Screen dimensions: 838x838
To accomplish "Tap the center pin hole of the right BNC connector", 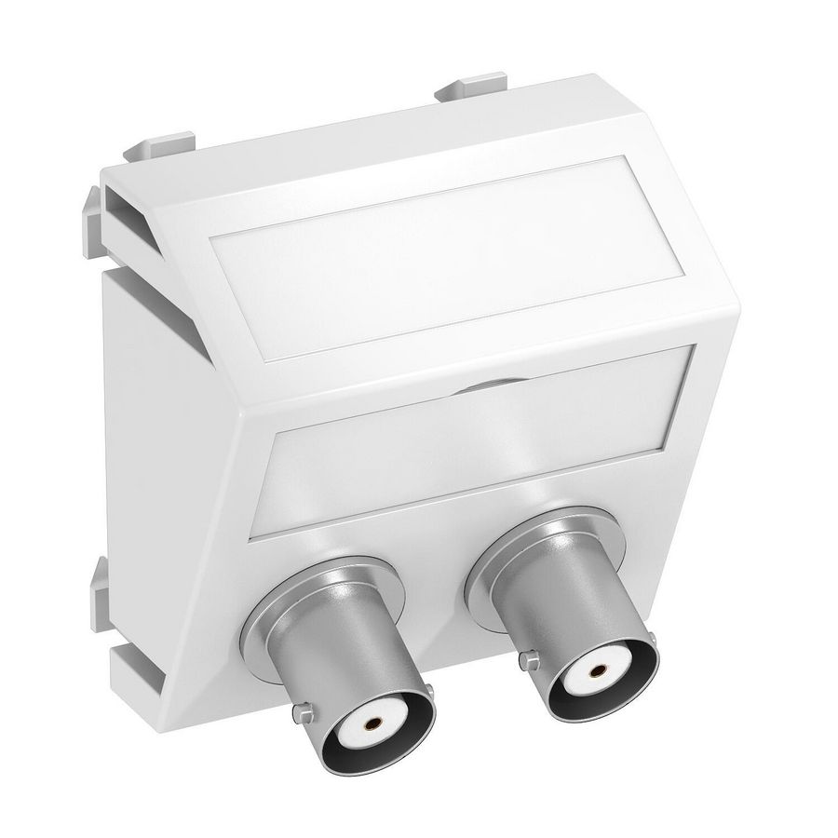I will click(x=593, y=669).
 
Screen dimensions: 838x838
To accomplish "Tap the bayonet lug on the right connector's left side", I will click(x=531, y=660).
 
